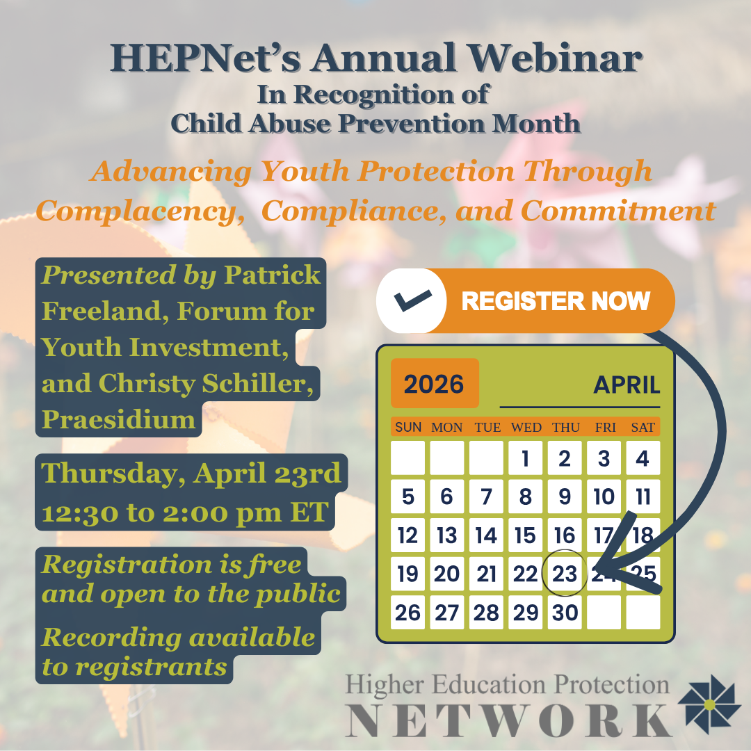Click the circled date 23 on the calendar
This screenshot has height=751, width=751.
click(565, 573)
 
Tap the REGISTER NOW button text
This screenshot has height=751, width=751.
click(556, 301)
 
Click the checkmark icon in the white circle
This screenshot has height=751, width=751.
click(412, 300)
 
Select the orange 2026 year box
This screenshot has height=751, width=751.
click(435, 383)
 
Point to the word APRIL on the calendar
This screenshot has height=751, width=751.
click(627, 385)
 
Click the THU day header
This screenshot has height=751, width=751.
click(565, 427)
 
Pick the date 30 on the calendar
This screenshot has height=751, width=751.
click(565, 613)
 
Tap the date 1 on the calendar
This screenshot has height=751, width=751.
click(526, 458)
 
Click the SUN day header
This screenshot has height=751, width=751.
click(408, 427)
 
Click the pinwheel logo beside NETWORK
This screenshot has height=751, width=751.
click(709, 704)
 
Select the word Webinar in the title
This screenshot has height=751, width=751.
click(555, 58)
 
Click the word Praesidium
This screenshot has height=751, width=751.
click(118, 419)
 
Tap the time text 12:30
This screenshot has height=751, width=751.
click(79, 513)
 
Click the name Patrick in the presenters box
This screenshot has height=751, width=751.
click(272, 275)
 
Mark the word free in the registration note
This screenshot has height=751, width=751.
click(275, 564)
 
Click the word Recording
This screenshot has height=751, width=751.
click(111, 638)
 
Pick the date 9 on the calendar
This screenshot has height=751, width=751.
click(565, 496)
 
